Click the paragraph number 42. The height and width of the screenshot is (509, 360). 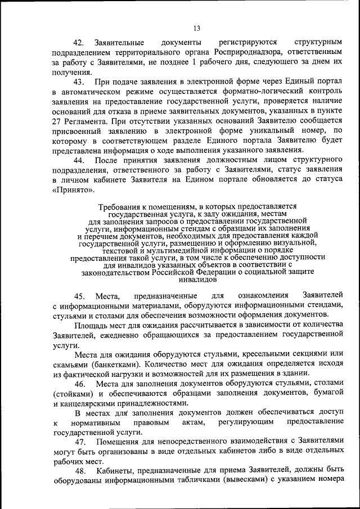(x=79, y=43)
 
